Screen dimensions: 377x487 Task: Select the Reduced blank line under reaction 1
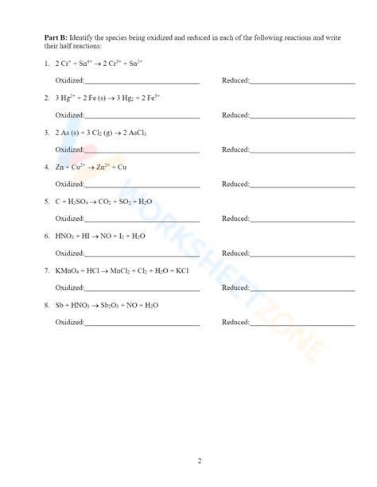click(x=302, y=81)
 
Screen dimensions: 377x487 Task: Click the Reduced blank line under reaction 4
click(x=302, y=184)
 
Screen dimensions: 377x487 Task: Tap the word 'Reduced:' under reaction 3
click(x=235, y=149)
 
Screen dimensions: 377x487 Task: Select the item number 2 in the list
click(x=47, y=98)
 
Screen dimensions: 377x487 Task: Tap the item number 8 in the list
click(x=47, y=305)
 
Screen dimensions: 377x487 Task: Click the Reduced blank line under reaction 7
click(x=302, y=288)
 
